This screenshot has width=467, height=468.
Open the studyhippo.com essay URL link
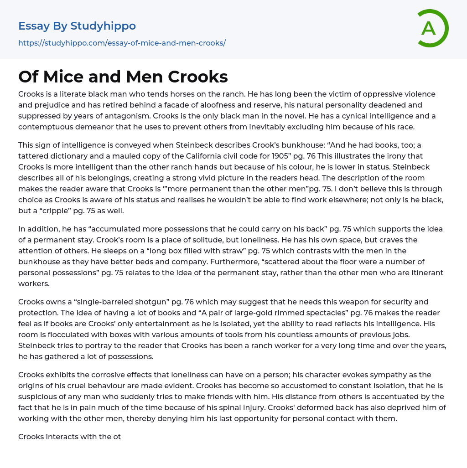tap(122, 43)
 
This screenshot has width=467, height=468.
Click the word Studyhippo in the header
tap(103, 26)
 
